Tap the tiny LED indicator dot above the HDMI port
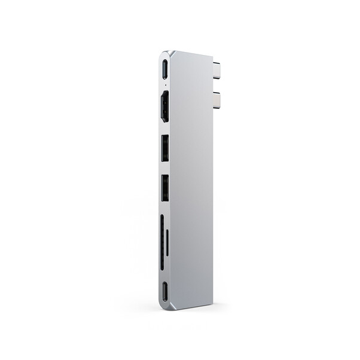tap(163, 85)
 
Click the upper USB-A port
tap(164, 148)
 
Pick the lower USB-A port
tap(164, 187)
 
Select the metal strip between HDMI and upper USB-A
tap(164, 130)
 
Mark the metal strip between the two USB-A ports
tap(164, 168)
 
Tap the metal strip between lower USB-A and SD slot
tap(164, 207)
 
